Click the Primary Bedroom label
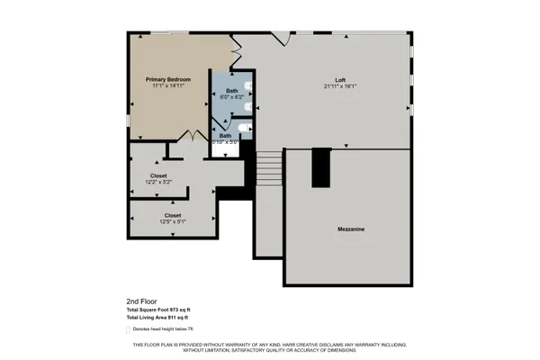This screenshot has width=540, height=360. click(168, 79)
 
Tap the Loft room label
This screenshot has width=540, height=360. click(341, 80)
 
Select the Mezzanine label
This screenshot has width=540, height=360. click(346, 229)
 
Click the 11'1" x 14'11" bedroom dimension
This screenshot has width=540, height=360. click(168, 86)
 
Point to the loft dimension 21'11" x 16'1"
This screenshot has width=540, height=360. click(341, 87)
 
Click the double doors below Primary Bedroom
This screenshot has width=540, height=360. click(192, 137)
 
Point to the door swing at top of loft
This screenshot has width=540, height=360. click(283, 38)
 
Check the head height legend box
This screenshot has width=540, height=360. click(129, 329)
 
